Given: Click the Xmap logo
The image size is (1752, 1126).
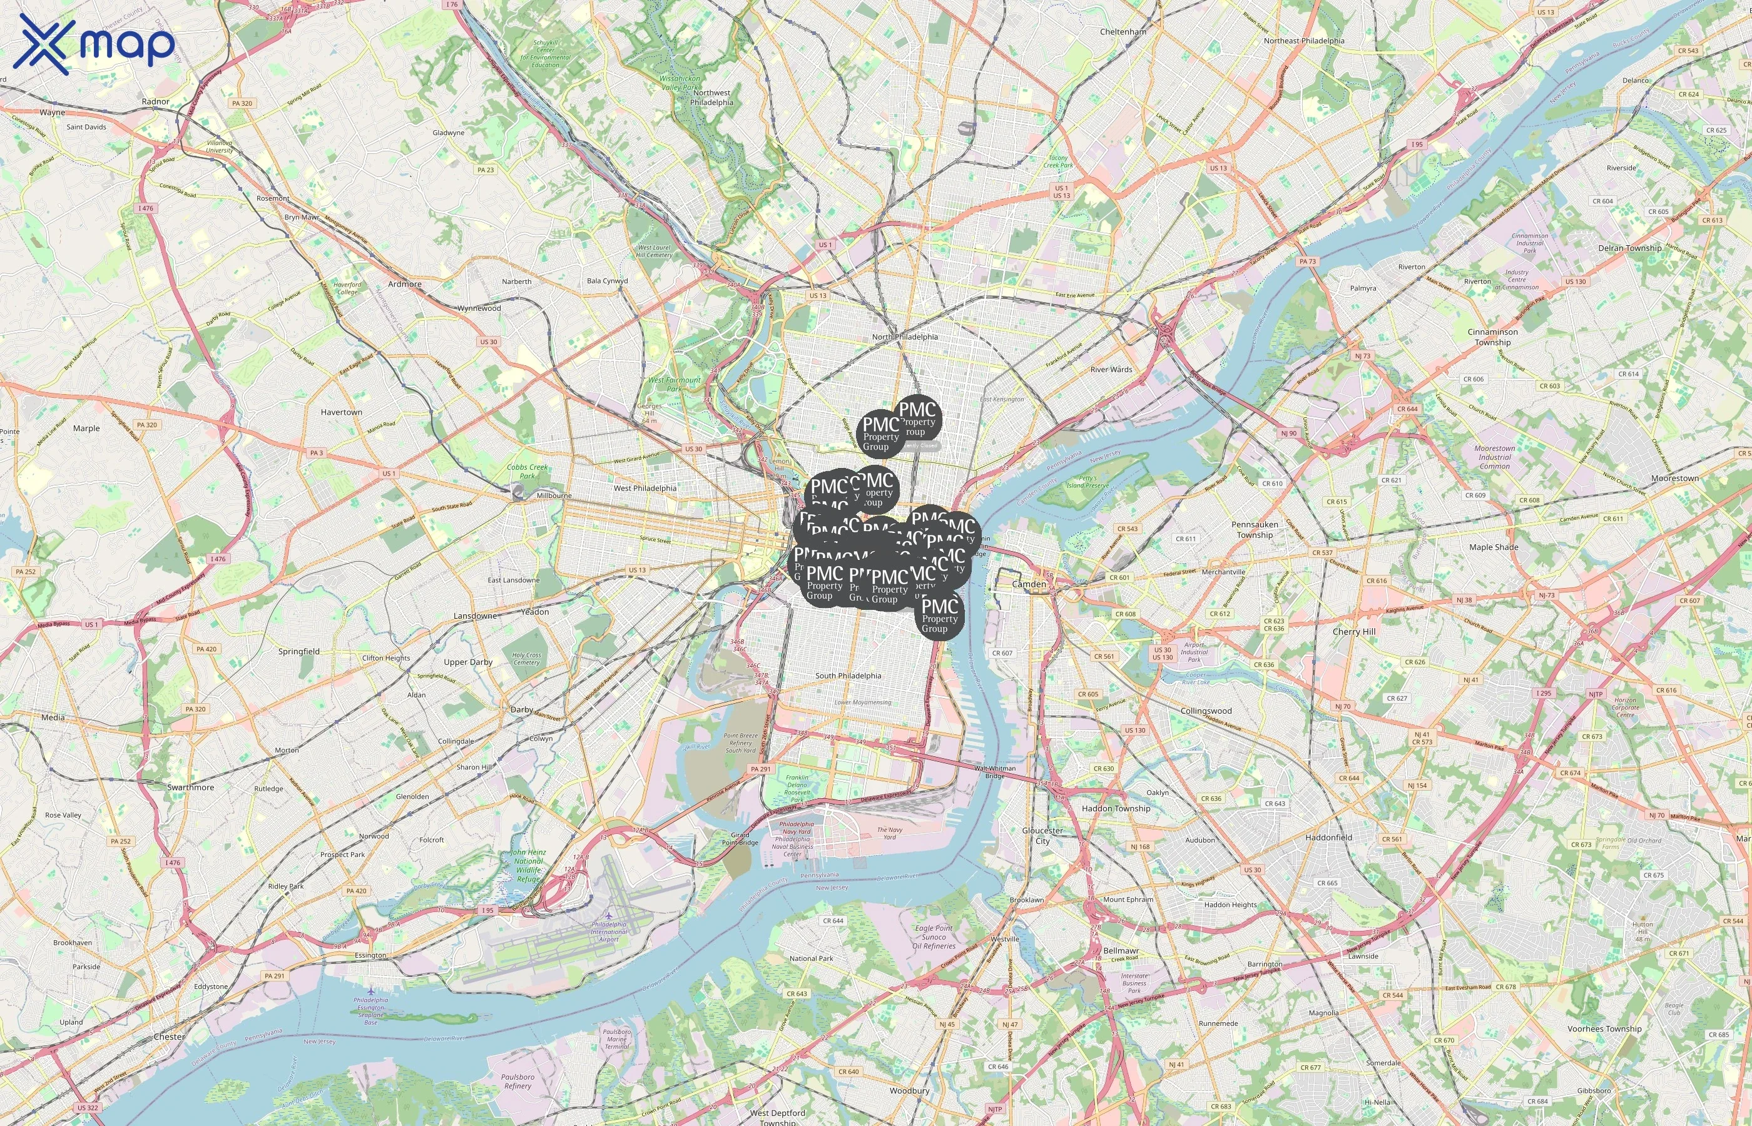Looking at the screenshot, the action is point(96,44).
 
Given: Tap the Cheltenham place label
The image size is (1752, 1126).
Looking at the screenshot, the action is point(1123,32).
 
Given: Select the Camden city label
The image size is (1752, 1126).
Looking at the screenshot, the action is point(1029,584).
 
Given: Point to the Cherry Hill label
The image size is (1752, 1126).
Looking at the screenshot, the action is point(1353,632).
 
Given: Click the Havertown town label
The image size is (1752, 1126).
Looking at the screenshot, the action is point(341,412).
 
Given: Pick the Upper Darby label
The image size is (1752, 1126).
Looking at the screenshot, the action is point(468,662).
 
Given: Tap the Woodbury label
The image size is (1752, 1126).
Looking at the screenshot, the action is point(909,1090).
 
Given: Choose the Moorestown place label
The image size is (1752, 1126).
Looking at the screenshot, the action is point(1674,478).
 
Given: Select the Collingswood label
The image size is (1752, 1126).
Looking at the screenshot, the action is point(1206,711).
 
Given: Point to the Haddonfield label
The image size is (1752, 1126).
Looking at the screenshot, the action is point(1328,837).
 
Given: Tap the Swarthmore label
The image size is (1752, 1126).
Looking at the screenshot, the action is point(190,788).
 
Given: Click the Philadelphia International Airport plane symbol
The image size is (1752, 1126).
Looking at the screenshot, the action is point(608,915).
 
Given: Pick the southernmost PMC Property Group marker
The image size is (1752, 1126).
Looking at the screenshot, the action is point(939,616).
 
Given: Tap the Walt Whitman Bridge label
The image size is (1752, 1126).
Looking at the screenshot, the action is point(994,771).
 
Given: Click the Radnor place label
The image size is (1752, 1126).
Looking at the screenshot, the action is point(155,101).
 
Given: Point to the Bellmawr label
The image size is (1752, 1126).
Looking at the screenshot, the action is point(1120,950).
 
